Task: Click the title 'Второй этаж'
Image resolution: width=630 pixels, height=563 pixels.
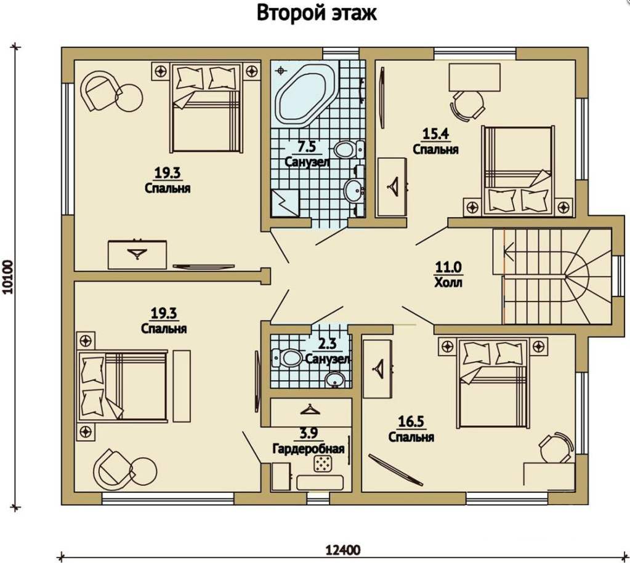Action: pos(317,13)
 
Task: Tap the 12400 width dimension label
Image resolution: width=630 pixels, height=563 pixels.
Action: pos(342,549)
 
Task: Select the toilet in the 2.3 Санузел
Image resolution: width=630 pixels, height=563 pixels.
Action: pos(288,357)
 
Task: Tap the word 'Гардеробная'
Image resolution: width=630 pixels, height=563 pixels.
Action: pos(309,449)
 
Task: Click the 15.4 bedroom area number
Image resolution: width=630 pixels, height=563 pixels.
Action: pos(435,134)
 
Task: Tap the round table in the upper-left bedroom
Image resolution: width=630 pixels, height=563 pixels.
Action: pos(129,98)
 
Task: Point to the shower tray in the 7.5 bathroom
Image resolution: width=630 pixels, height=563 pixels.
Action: pos(285,203)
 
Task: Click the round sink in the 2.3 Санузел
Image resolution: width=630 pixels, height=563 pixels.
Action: pos(334,380)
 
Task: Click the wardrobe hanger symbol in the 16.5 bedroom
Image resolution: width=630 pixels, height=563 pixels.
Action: pos(379,367)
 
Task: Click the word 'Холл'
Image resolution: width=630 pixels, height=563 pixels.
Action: pos(448,282)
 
